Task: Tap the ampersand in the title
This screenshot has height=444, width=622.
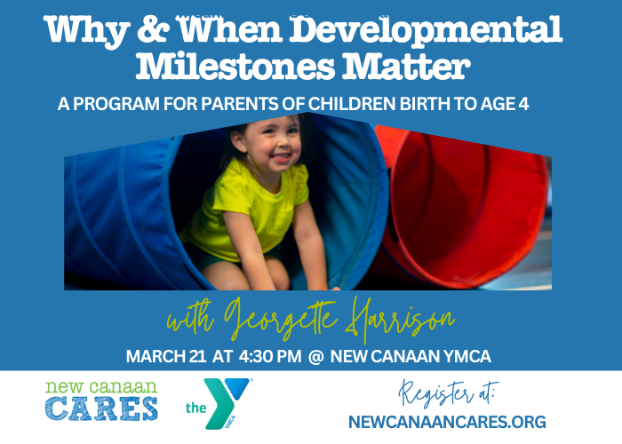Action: [x=152, y=29]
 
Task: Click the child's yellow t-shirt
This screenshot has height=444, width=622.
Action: [x=246, y=210]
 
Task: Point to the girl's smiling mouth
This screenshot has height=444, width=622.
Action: [x=281, y=158]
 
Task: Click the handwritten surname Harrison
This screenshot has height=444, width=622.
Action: [x=400, y=320]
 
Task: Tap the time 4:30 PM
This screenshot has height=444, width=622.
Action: [x=270, y=356]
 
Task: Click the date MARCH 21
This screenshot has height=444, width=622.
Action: [x=166, y=356]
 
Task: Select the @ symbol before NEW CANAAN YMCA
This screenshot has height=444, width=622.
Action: [x=315, y=356]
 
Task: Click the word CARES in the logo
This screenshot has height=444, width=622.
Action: [x=101, y=408]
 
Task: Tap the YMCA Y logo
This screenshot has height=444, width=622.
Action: [x=223, y=402]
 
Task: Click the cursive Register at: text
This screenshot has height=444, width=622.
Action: [x=448, y=393]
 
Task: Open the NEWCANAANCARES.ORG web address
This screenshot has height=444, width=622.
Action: [x=447, y=422]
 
